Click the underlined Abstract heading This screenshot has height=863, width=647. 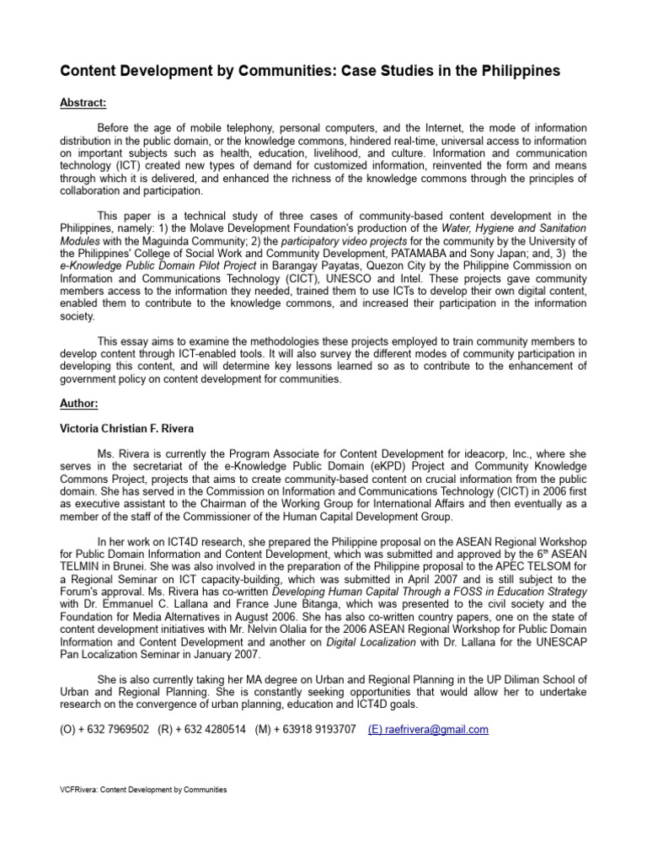(x=83, y=103)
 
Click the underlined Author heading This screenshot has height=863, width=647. (x=79, y=404)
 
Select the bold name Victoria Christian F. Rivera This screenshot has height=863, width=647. (x=127, y=428)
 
